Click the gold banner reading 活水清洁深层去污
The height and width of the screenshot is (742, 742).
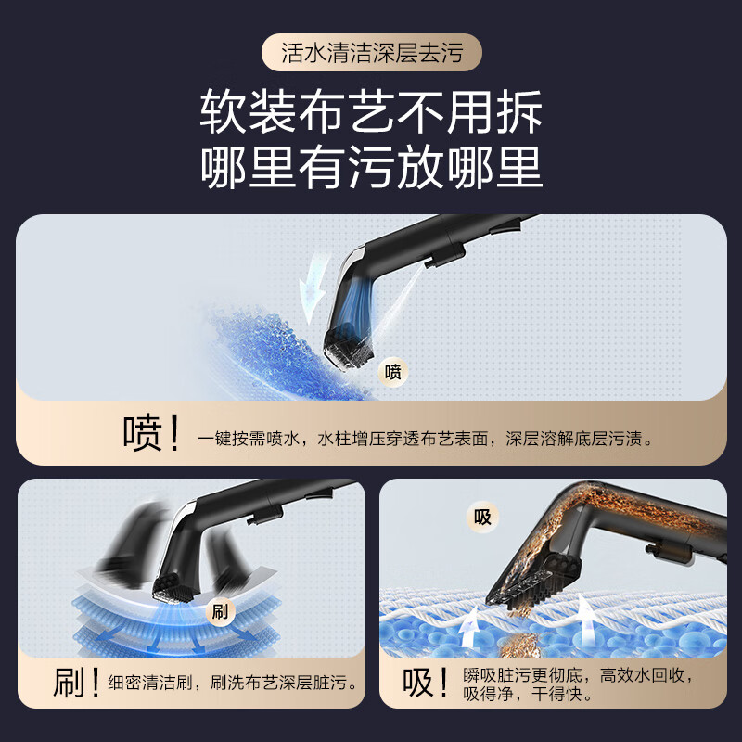(x=371, y=52)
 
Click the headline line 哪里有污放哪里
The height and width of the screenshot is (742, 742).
(x=371, y=169)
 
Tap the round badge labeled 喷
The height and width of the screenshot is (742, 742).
(x=392, y=372)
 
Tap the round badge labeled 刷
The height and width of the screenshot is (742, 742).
(x=220, y=612)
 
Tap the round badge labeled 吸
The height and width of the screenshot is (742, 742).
(x=482, y=518)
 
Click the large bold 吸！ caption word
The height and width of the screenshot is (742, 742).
(x=428, y=684)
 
